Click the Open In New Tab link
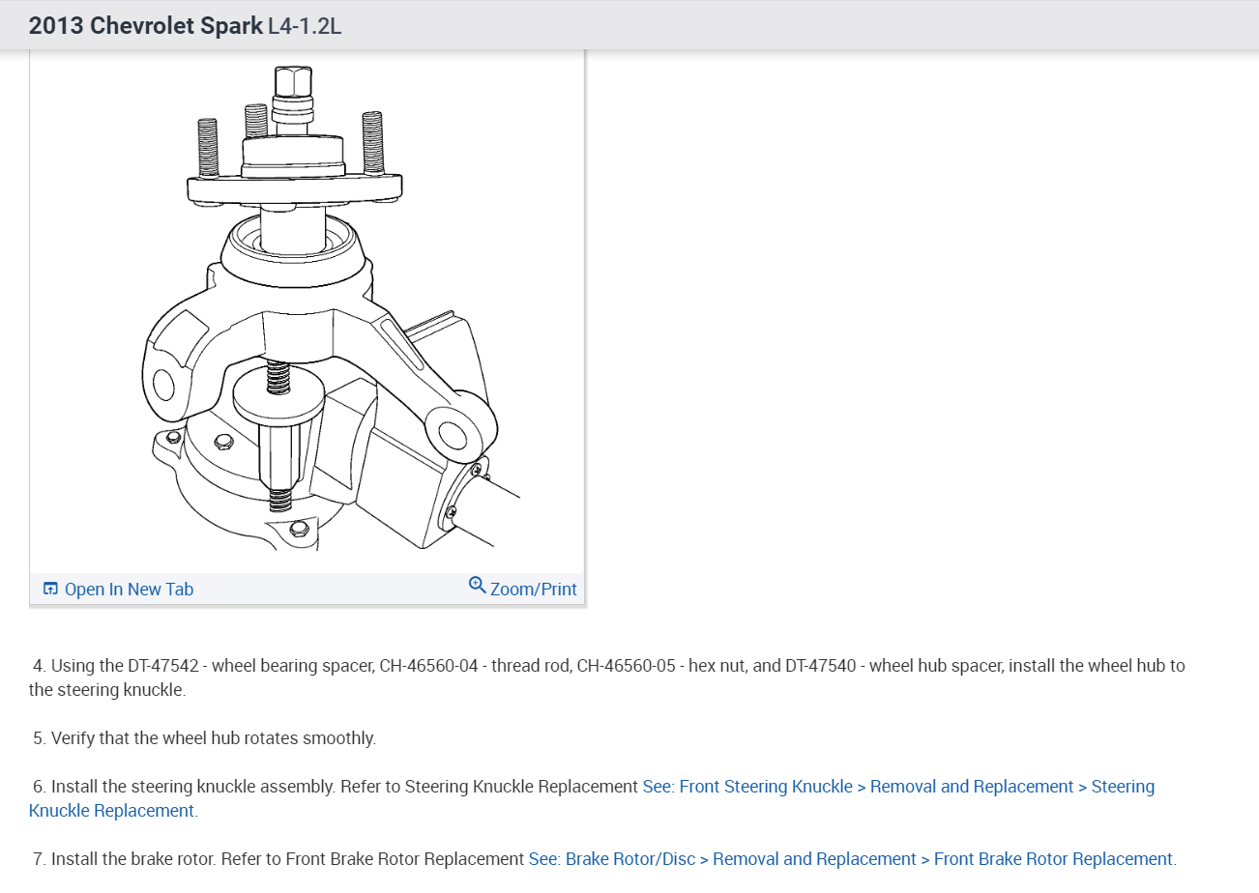[129, 590]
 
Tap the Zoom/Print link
[533, 590]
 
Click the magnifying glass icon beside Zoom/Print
[477, 586]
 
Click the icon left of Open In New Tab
[50, 590]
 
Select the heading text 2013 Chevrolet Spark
[145, 26]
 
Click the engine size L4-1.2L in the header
[304, 26]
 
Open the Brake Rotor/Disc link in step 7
[629, 859]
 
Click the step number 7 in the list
[40, 859]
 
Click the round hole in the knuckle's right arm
[450, 431]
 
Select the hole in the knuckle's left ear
[163, 386]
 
